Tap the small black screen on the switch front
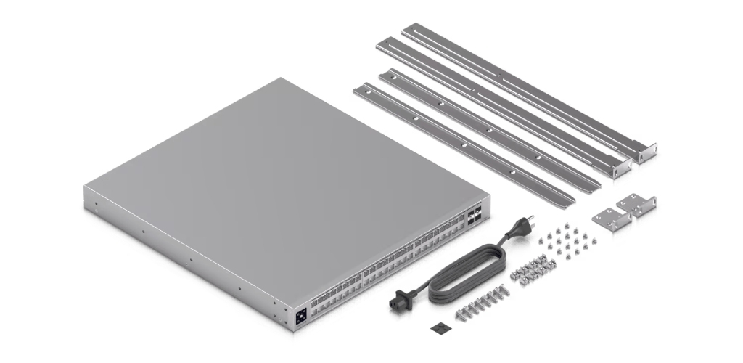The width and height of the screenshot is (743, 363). click(300, 316)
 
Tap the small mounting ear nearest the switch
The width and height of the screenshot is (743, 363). click(607, 219)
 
